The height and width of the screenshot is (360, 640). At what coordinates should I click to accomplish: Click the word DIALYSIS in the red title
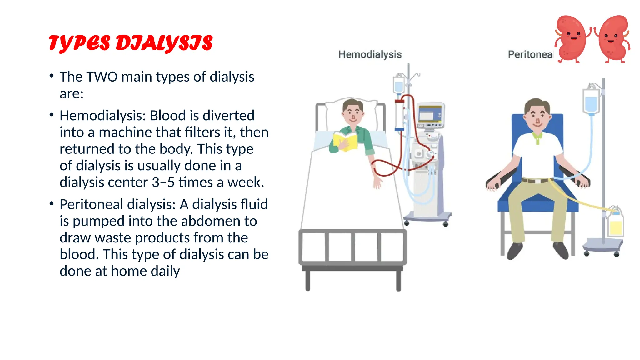[164, 43]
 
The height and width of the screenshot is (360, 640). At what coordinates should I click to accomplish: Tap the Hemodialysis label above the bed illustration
[370, 54]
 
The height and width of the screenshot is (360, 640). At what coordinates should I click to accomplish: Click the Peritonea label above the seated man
[530, 54]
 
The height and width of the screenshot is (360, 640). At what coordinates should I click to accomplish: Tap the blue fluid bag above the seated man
[591, 102]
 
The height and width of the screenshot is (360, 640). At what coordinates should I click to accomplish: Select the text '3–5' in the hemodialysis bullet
[163, 182]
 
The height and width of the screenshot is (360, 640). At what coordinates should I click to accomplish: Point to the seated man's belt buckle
[537, 181]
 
